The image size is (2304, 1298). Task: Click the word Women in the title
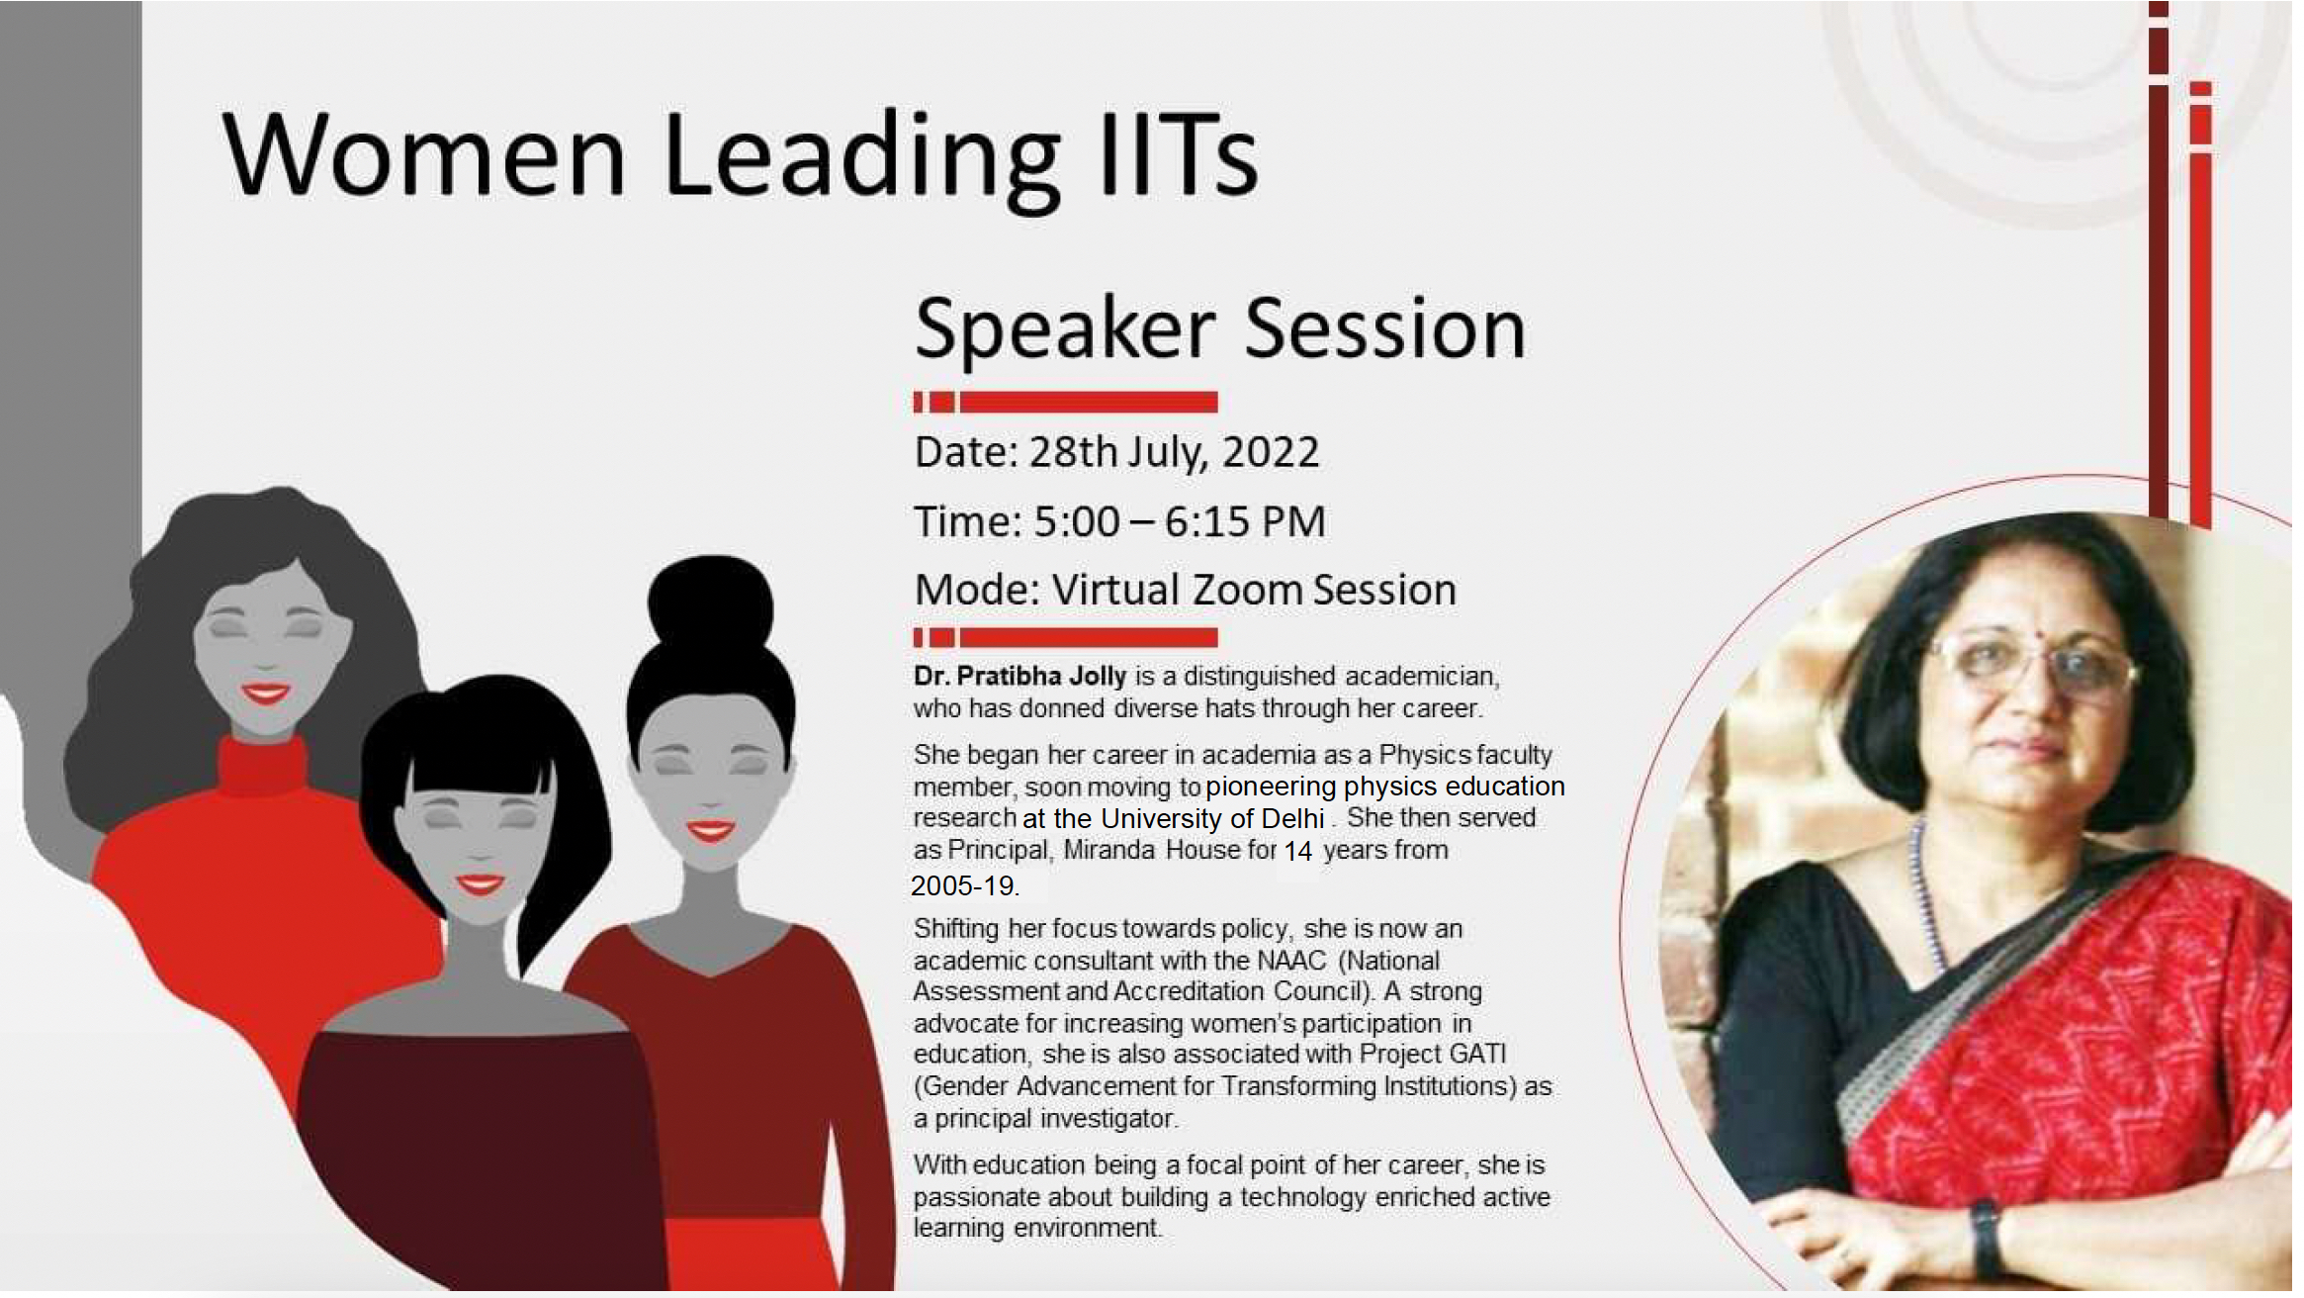point(424,154)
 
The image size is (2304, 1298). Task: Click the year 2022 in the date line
point(1271,451)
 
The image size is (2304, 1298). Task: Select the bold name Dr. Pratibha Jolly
point(1019,676)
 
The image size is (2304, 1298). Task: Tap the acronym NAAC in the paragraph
point(1292,961)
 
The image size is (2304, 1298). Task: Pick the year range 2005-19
point(964,885)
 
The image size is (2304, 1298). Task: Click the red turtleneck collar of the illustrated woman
point(262,766)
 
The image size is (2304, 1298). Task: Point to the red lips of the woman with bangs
point(481,883)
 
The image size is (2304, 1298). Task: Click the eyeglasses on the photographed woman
point(2029,665)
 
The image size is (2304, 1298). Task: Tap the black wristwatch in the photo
point(1986,1236)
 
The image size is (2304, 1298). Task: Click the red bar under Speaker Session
point(1065,402)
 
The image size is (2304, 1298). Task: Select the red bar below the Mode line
point(1065,637)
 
